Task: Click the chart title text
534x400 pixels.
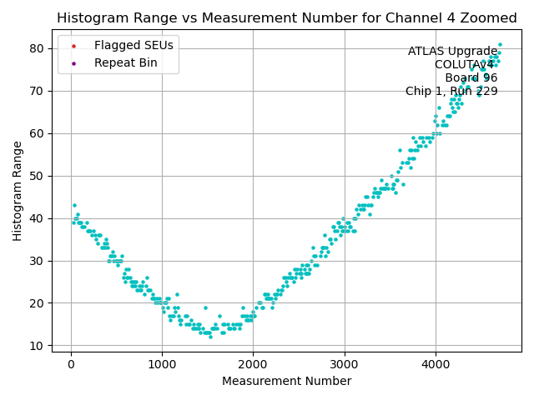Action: (x=286, y=18)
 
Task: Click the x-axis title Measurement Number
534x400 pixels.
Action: (x=286, y=381)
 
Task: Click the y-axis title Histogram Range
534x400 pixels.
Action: (x=18, y=191)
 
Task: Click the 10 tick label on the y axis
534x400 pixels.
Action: (x=38, y=345)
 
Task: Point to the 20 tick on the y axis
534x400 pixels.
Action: (x=38, y=303)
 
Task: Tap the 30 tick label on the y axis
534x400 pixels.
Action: (x=38, y=261)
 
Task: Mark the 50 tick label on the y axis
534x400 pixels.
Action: (x=38, y=176)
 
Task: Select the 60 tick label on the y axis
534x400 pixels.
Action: (x=38, y=133)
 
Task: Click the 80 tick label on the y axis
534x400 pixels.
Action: (x=38, y=48)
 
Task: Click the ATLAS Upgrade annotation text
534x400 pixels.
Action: (x=452, y=52)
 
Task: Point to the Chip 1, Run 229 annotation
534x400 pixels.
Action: (x=451, y=92)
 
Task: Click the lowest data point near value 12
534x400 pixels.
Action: (x=210, y=337)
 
